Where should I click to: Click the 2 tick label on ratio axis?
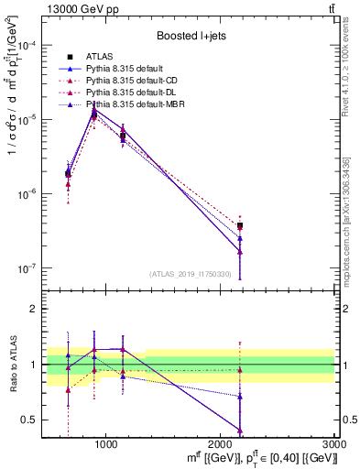(x=55, y=309)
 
